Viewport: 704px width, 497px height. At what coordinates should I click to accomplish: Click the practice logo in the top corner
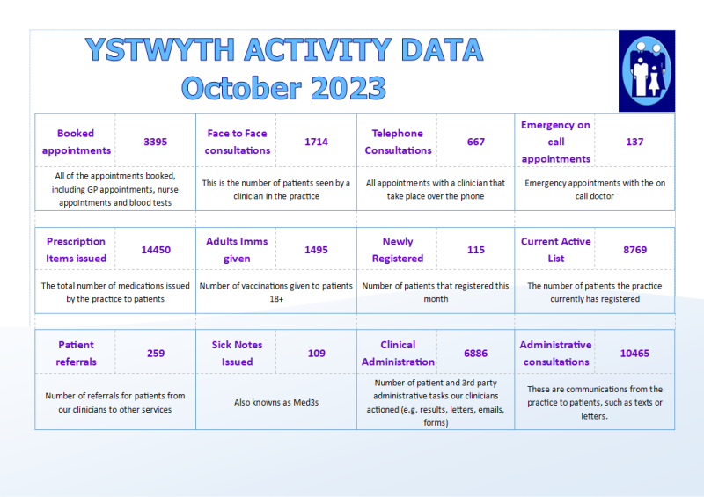coord(646,70)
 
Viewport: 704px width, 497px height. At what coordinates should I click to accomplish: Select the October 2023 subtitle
coord(283,88)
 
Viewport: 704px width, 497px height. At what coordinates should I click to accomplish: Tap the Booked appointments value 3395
coord(155,142)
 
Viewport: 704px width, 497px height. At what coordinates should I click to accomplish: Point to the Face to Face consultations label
coord(237,142)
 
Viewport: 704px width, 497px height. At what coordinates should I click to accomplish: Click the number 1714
coord(316,142)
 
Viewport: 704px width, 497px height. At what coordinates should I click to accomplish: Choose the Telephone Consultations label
coord(398,142)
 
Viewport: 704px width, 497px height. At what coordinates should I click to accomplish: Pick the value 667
coord(476,142)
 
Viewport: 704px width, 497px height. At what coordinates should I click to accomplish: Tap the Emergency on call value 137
coord(634,142)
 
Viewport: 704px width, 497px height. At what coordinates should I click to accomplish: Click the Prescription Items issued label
coord(76,250)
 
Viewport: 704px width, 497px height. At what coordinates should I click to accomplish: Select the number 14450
coord(156,250)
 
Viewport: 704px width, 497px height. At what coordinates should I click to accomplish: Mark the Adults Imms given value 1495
coord(316,250)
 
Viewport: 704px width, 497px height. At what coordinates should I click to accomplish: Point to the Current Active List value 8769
coord(634,250)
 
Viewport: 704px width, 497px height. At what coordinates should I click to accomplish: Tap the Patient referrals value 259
coord(156,353)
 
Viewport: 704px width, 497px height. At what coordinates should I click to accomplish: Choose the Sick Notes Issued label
coord(237,353)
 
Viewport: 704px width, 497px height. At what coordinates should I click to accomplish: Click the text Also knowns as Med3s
coord(275,402)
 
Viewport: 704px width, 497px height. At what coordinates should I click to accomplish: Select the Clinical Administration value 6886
coord(476,353)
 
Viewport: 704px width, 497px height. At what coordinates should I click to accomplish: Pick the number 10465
coord(634,353)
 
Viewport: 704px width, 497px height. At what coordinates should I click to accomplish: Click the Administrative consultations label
coord(555,353)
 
